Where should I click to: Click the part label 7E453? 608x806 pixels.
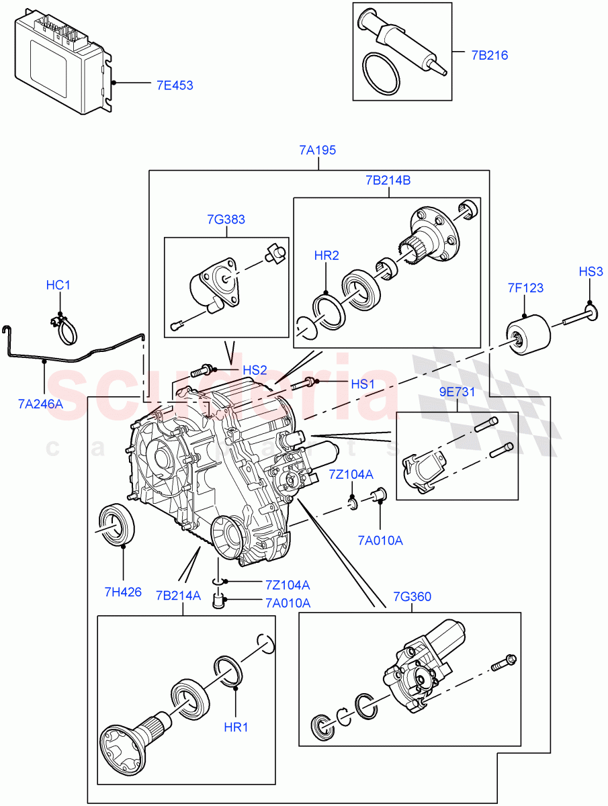coord(174,85)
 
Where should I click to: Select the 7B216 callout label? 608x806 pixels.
coord(489,55)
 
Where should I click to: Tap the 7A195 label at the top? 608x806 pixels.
coord(318,150)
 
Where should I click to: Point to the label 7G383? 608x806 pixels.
coord(226,220)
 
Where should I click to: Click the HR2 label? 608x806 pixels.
coord(327,256)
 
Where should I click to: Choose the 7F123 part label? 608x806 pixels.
coord(525,288)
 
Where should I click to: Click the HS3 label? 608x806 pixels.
coord(591,272)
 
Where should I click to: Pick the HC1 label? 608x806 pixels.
coord(58,285)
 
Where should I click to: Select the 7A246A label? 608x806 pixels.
coord(40,404)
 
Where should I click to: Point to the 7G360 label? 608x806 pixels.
coord(412,596)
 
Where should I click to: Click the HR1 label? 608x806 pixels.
coord(236,727)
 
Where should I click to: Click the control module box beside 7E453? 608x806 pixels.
coord(60,64)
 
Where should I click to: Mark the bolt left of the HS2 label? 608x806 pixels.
coord(202,369)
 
